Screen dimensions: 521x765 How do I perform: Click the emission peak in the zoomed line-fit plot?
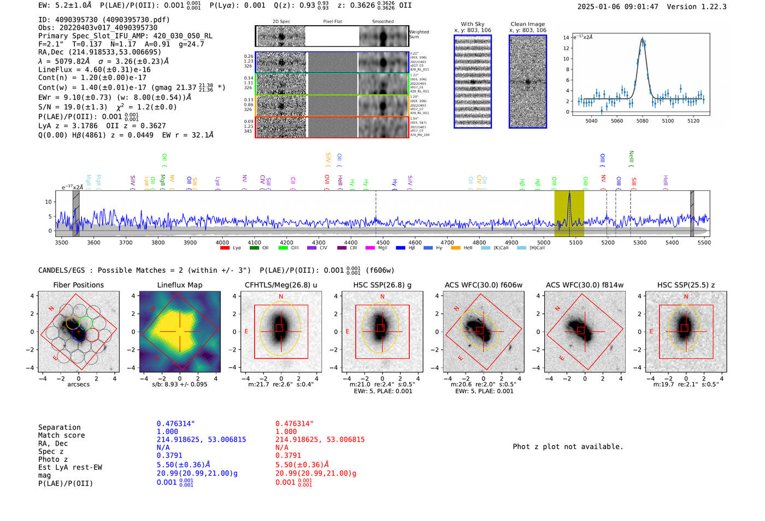click(643, 39)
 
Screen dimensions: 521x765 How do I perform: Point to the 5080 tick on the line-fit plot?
click(642, 121)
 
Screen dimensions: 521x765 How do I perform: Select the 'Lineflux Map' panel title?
click(179, 285)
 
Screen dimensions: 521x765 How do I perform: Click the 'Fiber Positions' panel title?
click(78, 285)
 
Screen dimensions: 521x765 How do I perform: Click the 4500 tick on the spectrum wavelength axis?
click(382, 242)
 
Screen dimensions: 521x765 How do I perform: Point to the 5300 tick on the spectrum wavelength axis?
click(640, 242)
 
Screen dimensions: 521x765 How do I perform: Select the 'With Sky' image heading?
click(472, 24)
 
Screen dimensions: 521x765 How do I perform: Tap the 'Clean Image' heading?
click(527, 24)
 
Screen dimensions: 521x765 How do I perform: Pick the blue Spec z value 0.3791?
click(168, 455)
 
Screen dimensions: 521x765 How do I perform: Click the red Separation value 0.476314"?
click(295, 424)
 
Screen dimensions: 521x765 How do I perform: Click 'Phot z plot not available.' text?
click(568, 447)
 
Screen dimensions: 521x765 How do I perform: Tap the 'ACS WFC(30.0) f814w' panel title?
click(584, 285)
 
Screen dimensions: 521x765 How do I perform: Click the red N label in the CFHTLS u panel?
click(281, 297)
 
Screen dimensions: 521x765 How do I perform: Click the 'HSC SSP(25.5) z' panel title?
click(686, 285)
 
